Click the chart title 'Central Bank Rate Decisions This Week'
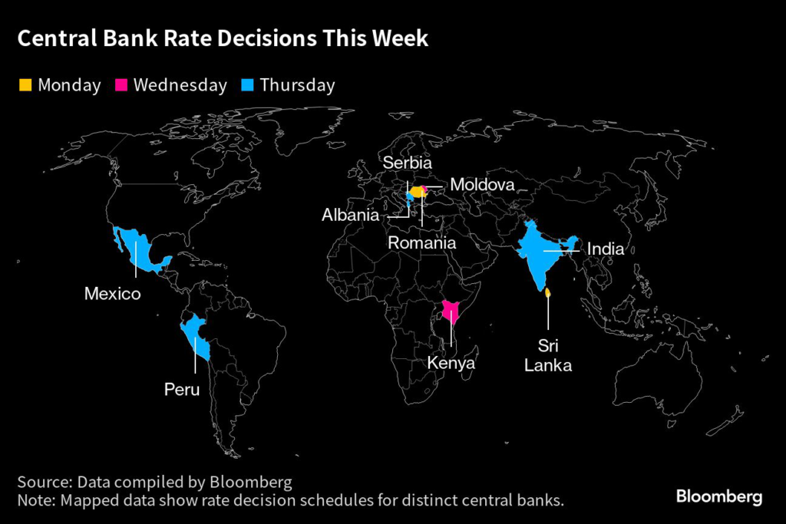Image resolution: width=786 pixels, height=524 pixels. point(223,39)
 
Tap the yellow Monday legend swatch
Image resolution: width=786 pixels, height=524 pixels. point(25,84)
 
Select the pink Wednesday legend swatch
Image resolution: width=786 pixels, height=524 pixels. point(121,84)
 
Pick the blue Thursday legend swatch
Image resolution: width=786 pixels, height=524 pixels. point(249,84)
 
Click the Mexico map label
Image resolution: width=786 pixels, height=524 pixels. point(112,293)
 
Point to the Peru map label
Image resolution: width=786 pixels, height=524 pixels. point(182,390)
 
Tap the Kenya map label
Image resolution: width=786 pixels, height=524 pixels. point(451,363)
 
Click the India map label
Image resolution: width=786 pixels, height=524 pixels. point(606,249)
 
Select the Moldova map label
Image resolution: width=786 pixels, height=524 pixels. point(482,185)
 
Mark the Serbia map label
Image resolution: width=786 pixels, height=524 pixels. point(408,163)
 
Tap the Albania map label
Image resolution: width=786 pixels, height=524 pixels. point(350,215)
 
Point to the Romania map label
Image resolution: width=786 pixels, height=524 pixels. point(422,242)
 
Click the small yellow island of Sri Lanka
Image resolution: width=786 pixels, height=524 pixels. point(547,292)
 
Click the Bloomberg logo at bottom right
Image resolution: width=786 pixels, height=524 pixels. point(718,497)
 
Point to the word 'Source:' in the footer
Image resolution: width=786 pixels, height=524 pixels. point(43,483)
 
